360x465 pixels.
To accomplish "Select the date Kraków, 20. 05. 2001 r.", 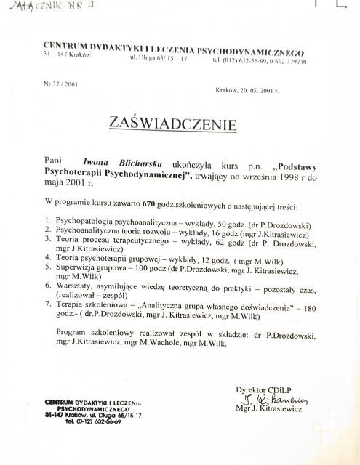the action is pos(247,91).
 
